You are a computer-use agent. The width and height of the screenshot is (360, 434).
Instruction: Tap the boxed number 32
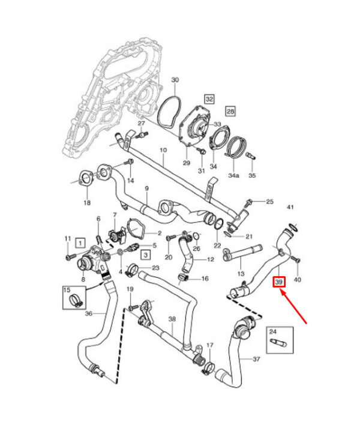209,99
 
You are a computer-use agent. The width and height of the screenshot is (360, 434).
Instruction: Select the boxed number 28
230,111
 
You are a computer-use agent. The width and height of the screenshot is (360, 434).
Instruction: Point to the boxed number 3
146,255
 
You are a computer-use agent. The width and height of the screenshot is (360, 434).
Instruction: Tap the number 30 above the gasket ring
175,80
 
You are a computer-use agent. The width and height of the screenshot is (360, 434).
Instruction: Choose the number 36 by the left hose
89,313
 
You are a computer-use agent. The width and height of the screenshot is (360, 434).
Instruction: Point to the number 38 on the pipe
172,319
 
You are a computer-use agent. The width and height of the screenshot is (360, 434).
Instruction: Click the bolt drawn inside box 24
279,343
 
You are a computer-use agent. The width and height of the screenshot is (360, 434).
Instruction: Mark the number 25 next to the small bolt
269,201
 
